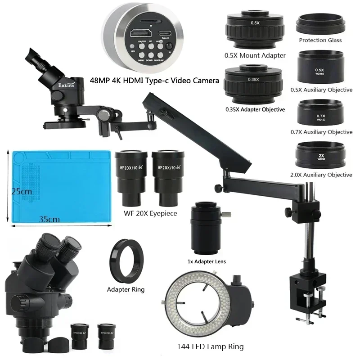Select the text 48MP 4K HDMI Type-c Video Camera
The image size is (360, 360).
coord(154,81)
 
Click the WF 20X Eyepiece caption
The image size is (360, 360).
coord(150,213)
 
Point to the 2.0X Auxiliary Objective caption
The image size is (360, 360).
coord(320,175)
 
